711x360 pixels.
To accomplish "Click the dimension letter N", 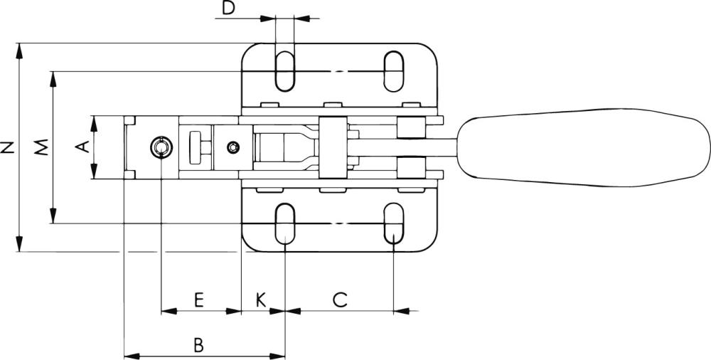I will click(x=8, y=147).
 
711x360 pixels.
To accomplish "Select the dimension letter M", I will click(x=42, y=147).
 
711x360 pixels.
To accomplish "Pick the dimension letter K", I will click(x=261, y=299).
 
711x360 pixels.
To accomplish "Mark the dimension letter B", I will click(x=199, y=345).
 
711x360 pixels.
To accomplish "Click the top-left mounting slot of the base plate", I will click(x=284, y=70).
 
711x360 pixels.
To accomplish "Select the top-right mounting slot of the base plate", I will click(x=393, y=70).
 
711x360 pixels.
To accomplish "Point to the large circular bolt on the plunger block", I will click(x=161, y=147).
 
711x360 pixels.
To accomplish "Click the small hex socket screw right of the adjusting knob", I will click(x=232, y=147).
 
